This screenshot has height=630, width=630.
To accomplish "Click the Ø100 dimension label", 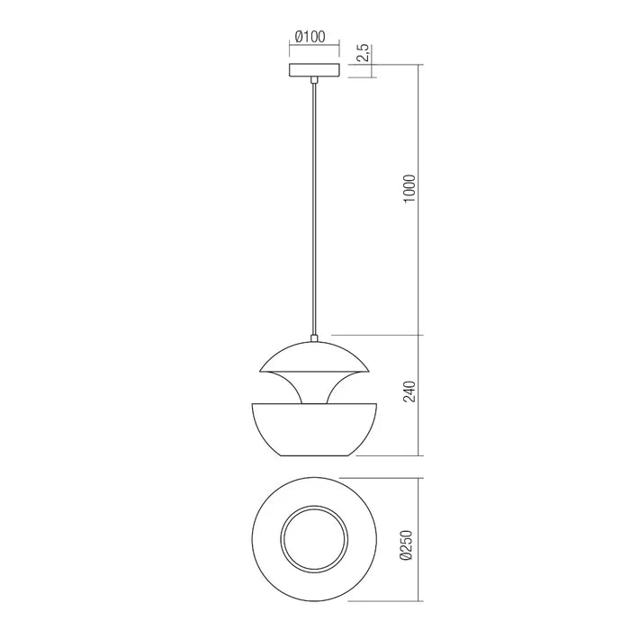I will coord(310,39).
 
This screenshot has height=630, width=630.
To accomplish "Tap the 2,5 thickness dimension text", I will coord(362,53).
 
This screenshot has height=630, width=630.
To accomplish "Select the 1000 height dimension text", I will coord(410,190).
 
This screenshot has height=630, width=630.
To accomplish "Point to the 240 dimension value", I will coord(410,393).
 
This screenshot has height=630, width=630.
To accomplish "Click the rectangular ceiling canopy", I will coord(312,70).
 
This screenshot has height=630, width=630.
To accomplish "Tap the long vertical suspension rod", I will coord(313,207).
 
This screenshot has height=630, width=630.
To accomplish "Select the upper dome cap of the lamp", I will coord(313,355).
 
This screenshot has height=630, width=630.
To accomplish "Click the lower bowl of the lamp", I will coord(313,427).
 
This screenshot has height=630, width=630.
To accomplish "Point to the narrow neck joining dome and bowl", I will coord(313,389).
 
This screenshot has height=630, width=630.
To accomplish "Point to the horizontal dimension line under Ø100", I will coord(312,50).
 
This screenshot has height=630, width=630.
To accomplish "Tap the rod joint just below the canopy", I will coord(313,81).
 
